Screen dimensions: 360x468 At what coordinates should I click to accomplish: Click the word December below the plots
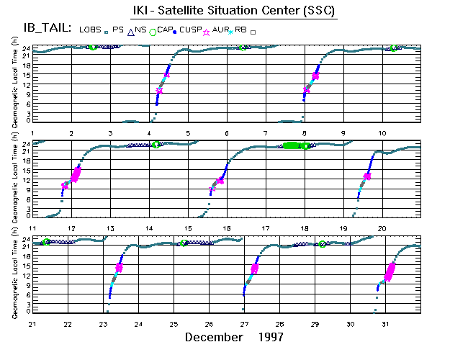pyautogui.click(x=213, y=336)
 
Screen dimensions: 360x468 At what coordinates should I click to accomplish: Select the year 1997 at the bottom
pyautogui.click(x=269, y=336)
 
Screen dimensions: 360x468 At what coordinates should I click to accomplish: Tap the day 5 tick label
pyautogui.click(x=188, y=133)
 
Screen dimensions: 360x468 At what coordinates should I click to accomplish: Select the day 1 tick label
pyautogui.click(x=33, y=133)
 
